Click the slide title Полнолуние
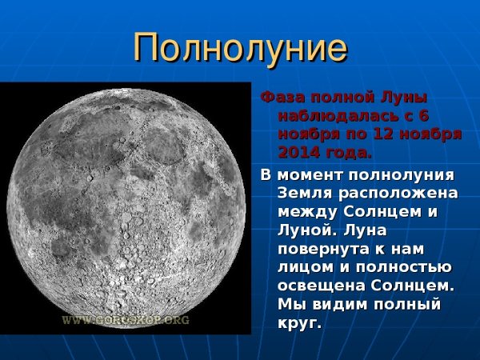click(x=240, y=48)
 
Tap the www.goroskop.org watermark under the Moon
click(x=126, y=319)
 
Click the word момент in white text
click(x=307, y=175)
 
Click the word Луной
click(x=303, y=230)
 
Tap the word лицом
click(x=303, y=267)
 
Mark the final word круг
click(x=299, y=322)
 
